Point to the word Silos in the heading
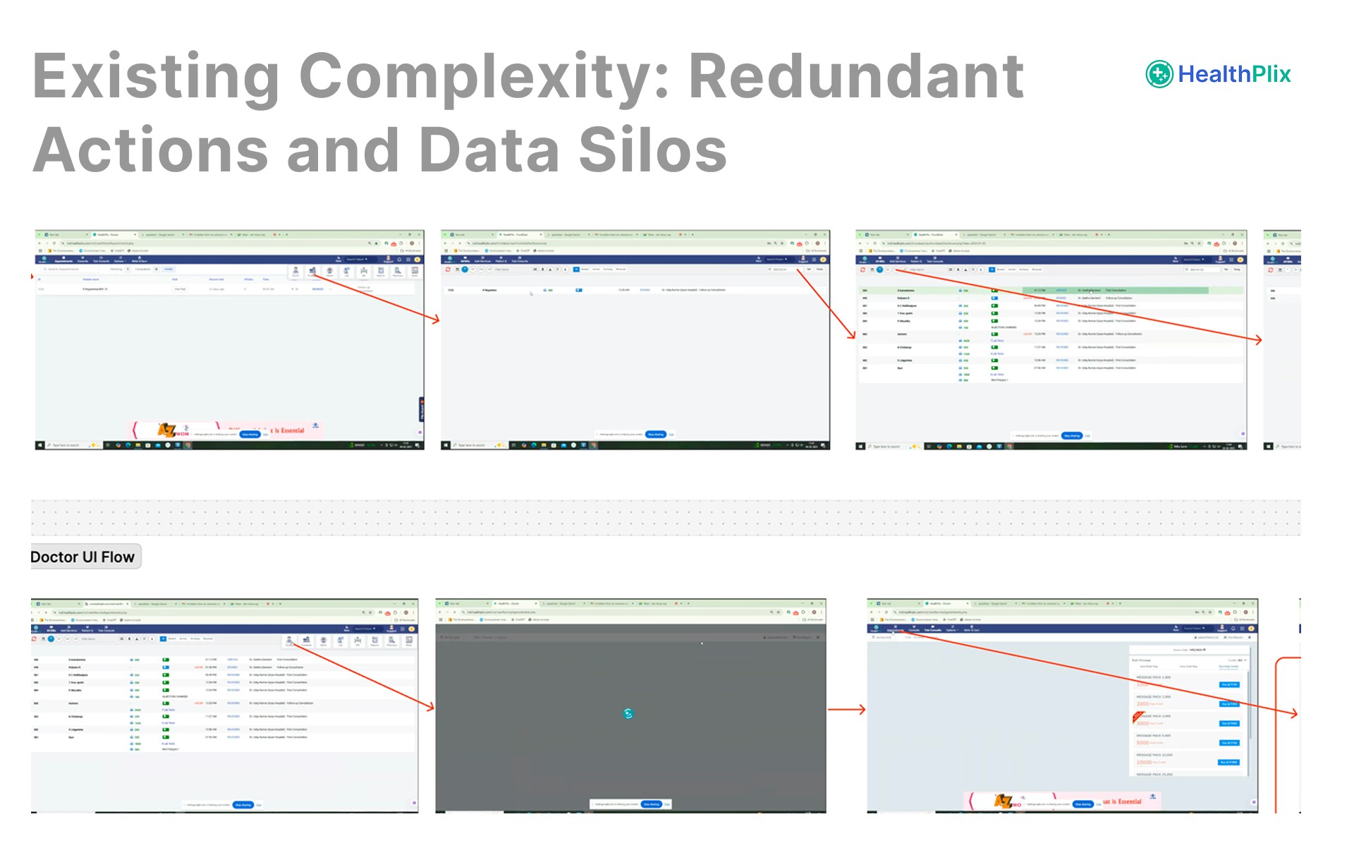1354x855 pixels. coord(652,150)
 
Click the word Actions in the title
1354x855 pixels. coord(150,150)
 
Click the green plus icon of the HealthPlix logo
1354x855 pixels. coord(1159,73)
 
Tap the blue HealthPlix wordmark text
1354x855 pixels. coord(1234,73)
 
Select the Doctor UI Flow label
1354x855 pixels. coord(83,557)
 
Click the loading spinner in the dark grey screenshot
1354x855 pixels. coord(628,713)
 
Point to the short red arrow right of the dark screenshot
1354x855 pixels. coord(846,710)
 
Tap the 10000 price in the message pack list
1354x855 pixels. coord(1144,762)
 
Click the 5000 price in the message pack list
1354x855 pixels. coord(1142,743)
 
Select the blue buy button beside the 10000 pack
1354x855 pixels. coord(1228,762)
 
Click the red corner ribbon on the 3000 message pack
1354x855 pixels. coord(1137,717)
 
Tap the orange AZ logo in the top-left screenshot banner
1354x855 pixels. coord(166,430)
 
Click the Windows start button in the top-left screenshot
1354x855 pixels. coord(39,445)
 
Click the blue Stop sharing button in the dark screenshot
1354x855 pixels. coord(651,804)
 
